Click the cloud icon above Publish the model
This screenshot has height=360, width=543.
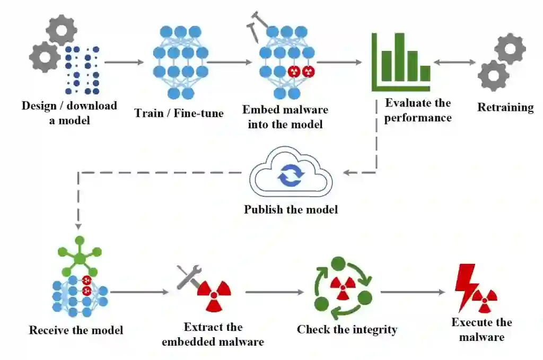(291, 172)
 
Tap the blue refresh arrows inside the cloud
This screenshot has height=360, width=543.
(291, 175)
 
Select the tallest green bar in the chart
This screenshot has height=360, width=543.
(400, 57)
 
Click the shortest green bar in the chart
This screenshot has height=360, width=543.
(425, 73)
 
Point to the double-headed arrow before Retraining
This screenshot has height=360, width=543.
(454, 63)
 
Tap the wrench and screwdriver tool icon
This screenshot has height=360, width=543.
(189, 277)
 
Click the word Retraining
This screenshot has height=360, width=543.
(505, 107)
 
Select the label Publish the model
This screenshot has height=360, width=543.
(291, 209)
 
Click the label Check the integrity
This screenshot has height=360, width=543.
(347, 329)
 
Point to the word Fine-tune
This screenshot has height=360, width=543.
(198, 113)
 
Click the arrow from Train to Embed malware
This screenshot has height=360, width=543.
(229, 63)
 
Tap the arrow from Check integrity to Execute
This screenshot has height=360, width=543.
(413, 292)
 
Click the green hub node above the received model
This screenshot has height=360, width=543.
(80, 257)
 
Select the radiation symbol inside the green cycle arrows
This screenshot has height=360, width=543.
(343, 288)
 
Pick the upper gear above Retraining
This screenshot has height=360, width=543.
(510, 48)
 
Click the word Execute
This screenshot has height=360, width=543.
(469, 322)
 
